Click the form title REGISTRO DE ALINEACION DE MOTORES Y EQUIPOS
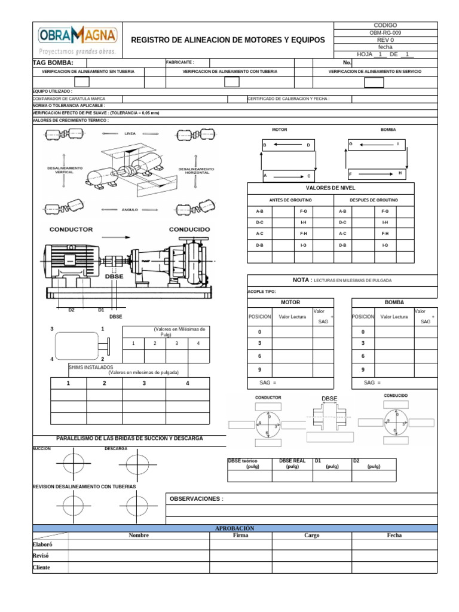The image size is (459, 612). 228,40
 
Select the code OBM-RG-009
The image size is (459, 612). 385,33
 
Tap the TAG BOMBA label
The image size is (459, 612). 53,63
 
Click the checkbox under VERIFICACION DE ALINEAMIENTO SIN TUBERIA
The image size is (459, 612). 82,82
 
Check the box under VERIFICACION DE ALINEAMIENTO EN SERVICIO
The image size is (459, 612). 374,82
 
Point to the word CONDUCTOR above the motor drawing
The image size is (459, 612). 71,229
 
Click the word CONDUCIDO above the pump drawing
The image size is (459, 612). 189,229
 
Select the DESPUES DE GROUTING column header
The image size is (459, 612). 374,200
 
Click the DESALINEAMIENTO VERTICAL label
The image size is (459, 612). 65,170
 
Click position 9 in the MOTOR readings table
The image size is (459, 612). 259,369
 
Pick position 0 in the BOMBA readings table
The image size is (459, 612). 363,332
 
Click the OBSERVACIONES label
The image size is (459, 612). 197,498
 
